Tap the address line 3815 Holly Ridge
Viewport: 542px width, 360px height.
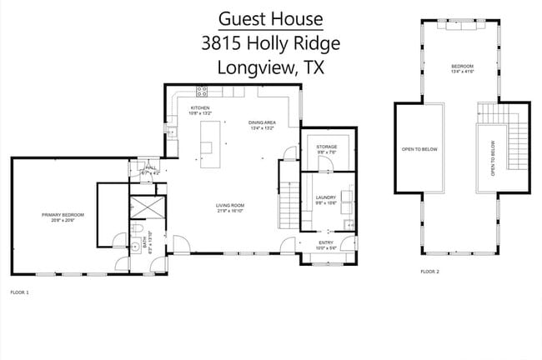click(x=269, y=43)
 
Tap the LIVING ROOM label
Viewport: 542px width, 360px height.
click(x=229, y=207)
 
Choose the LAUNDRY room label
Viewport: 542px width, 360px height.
click(x=325, y=199)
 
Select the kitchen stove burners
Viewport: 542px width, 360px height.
click(x=202, y=89)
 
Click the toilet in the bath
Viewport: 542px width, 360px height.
click(x=142, y=229)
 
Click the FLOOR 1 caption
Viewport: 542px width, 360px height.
click(x=19, y=292)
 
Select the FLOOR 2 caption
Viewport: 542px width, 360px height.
click(x=429, y=272)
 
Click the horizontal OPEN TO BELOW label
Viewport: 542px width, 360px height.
click(x=419, y=149)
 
